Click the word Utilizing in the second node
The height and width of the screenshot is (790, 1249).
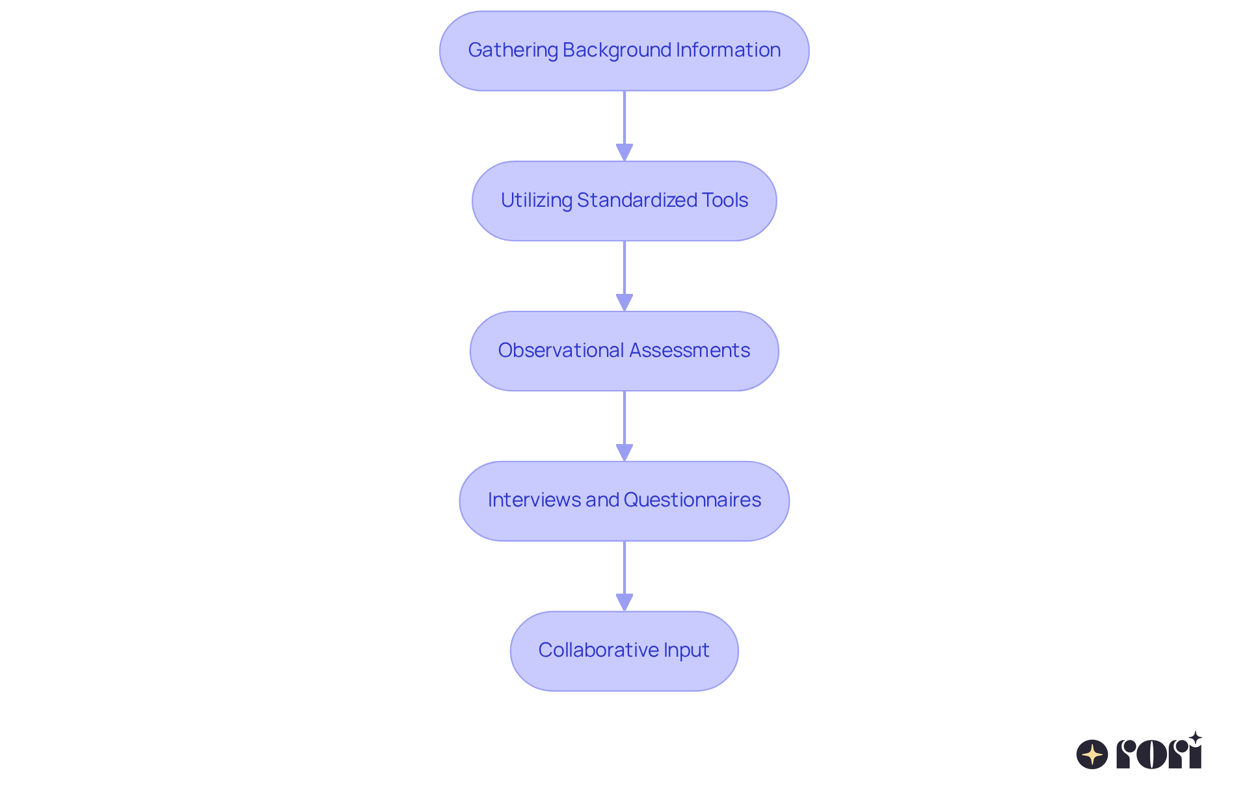pos(536,200)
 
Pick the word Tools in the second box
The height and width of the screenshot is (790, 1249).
pos(725,200)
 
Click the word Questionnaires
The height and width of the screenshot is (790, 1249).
pos(692,500)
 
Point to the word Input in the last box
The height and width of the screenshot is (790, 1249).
pos(686,650)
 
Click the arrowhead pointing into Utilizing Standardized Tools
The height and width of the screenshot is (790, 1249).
pos(624,152)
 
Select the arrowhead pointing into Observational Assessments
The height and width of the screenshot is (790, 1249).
pos(624,302)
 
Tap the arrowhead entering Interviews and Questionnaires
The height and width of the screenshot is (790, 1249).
pos(624,453)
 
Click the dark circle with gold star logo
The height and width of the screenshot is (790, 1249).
pos(1092,754)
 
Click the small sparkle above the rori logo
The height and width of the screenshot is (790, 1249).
pos(1195,738)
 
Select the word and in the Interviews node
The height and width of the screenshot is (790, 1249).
pos(602,500)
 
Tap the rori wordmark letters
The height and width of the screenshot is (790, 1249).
pos(1158,754)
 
